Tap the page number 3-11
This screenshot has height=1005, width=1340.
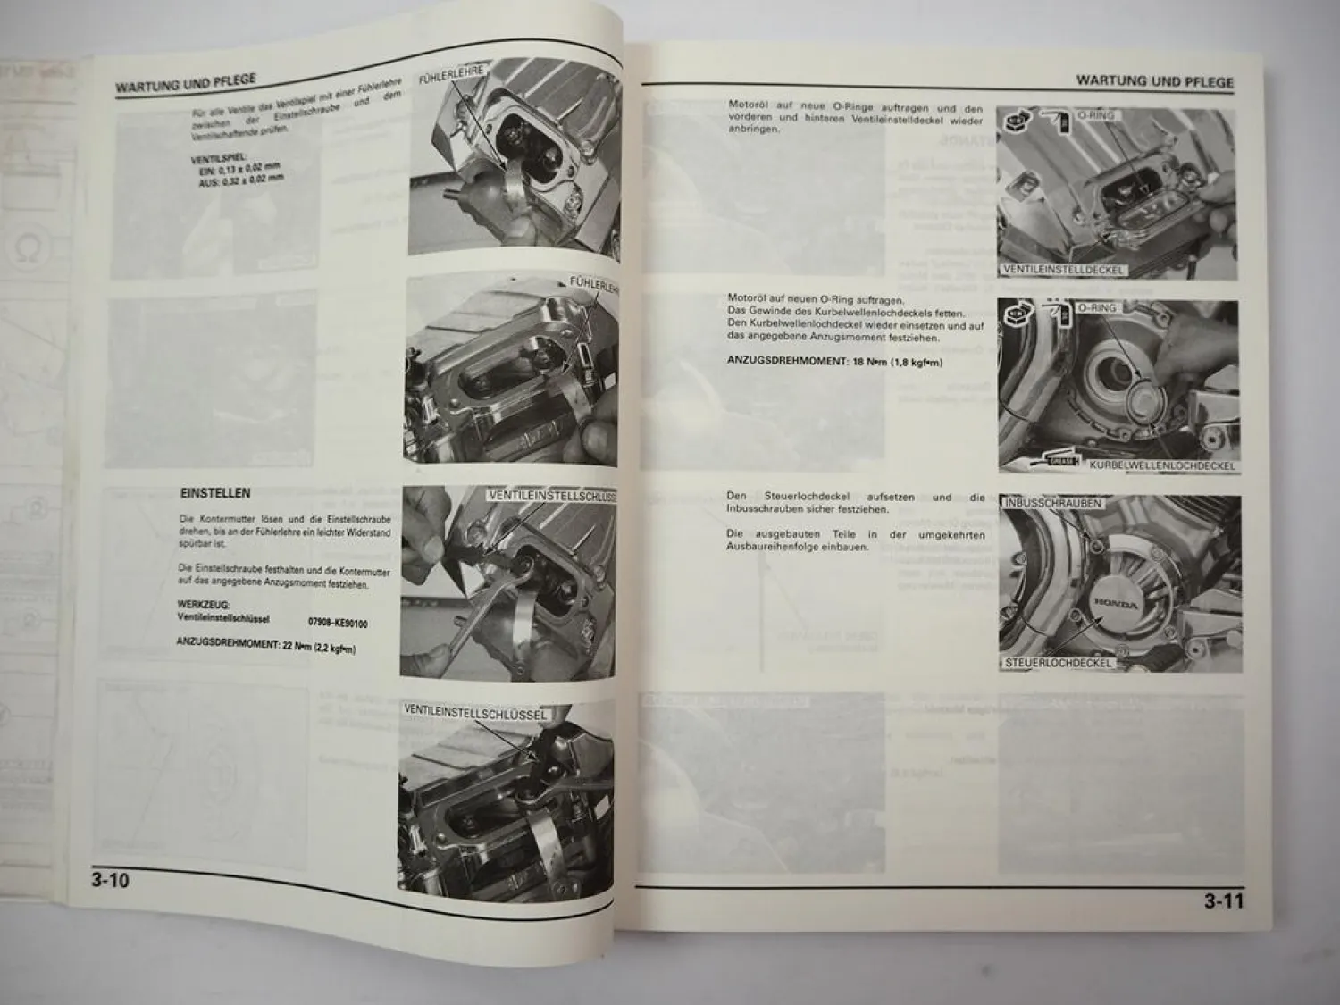(1223, 901)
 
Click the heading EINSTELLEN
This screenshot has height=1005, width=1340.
(215, 493)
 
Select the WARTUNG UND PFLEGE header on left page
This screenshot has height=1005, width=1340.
(185, 85)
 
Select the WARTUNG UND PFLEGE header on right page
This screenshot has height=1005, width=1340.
(1154, 80)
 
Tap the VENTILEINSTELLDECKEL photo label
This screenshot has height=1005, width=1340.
(1062, 269)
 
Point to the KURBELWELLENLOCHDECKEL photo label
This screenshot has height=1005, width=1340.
(1161, 465)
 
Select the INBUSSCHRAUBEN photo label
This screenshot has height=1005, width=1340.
(1053, 503)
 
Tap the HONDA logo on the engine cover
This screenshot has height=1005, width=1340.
(1116, 604)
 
